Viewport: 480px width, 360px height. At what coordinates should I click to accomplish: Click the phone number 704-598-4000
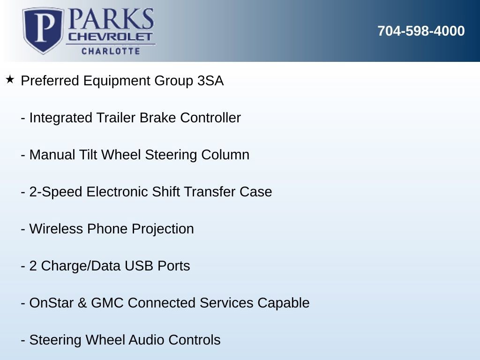[x=421, y=31]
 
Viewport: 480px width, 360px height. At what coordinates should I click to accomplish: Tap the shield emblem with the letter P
[x=44, y=30]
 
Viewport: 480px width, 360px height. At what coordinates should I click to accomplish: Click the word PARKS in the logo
[x=111, y=19]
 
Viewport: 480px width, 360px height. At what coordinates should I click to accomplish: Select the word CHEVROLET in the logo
[x=110, y=37]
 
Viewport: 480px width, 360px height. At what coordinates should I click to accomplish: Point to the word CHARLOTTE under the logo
[x=111, y=51]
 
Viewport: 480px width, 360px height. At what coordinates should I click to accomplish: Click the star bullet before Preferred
[x=10, y=80]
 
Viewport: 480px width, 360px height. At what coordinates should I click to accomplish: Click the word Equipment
[x=117, y=81]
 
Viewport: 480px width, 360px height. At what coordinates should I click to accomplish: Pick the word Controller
[x=210, y=118]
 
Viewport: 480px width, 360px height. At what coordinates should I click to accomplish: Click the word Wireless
[x=56, y=229]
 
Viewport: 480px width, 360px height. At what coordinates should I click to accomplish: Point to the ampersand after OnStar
[x=82, y=303]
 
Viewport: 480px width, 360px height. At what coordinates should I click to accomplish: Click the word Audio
[x=146, y=340]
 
